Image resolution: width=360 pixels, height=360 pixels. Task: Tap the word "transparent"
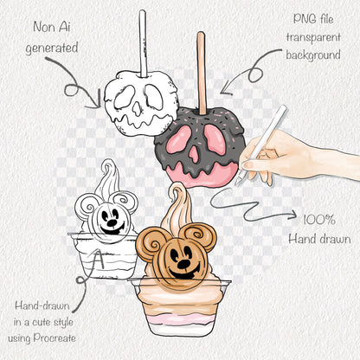[313, 37]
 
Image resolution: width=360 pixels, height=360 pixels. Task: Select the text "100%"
[319, 220]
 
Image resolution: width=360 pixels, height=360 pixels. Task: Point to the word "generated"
[52, 48]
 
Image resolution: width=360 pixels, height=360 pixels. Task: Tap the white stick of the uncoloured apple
[143, 43]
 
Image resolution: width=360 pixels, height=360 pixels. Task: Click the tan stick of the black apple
[202, 74]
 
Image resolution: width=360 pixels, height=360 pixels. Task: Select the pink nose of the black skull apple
[193, 155]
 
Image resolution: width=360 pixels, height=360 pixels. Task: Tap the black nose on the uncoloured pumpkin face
[112, 222]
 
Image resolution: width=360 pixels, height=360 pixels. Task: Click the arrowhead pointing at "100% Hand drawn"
[292, 214]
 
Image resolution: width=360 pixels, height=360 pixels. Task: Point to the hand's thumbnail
[247, 164]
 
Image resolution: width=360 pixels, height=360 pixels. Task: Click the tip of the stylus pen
[236, 184]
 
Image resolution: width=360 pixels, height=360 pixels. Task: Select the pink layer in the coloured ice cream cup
[179, 319]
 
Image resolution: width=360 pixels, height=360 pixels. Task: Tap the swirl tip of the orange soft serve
[177, 186]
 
